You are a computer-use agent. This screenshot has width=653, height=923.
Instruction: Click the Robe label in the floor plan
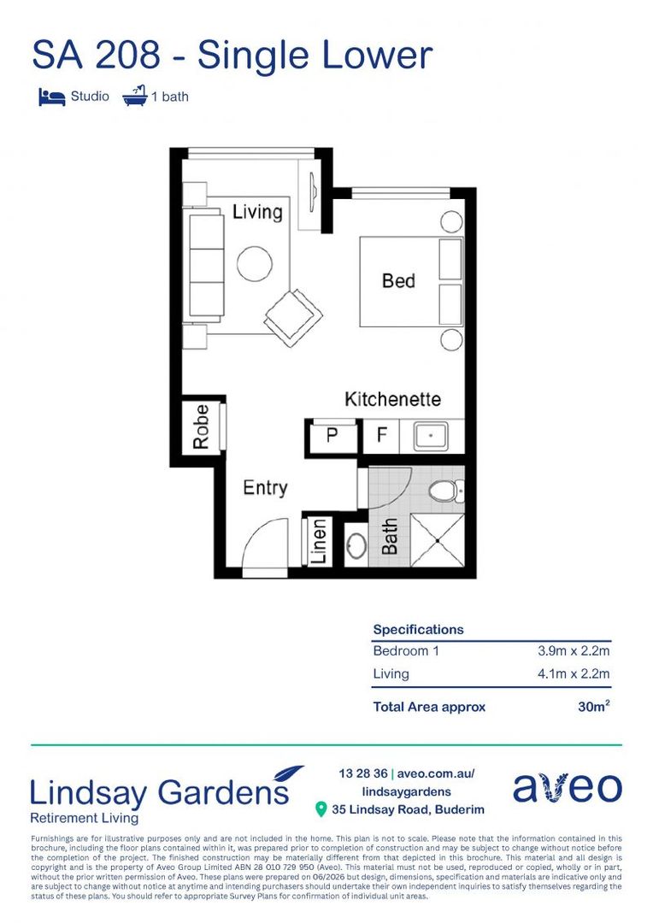point(201,426)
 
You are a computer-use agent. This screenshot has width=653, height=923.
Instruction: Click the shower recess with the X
point(438,540)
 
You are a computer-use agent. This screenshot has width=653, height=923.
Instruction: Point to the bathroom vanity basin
point(356,546)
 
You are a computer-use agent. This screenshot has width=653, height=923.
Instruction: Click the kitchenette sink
point(431,436)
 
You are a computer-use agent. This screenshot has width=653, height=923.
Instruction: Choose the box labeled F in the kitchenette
point(381,436)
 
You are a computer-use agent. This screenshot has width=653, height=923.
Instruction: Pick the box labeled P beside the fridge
point(332,436)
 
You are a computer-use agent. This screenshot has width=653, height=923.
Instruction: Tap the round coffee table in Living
point(255,263)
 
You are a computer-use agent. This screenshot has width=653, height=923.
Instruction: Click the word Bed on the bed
point(398,281)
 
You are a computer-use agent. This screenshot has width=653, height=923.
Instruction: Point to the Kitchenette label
point(393,399)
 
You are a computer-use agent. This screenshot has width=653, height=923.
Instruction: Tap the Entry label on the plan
point(265,488)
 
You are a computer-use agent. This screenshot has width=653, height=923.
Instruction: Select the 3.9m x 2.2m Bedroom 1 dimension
point(574,650)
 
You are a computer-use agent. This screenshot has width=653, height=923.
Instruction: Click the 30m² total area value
point(593,707)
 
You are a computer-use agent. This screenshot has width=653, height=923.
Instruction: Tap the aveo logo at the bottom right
point(568,788)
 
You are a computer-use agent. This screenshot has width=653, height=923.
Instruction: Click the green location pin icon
point(321,809)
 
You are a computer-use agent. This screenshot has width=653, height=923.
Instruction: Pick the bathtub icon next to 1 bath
point(135,96)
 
